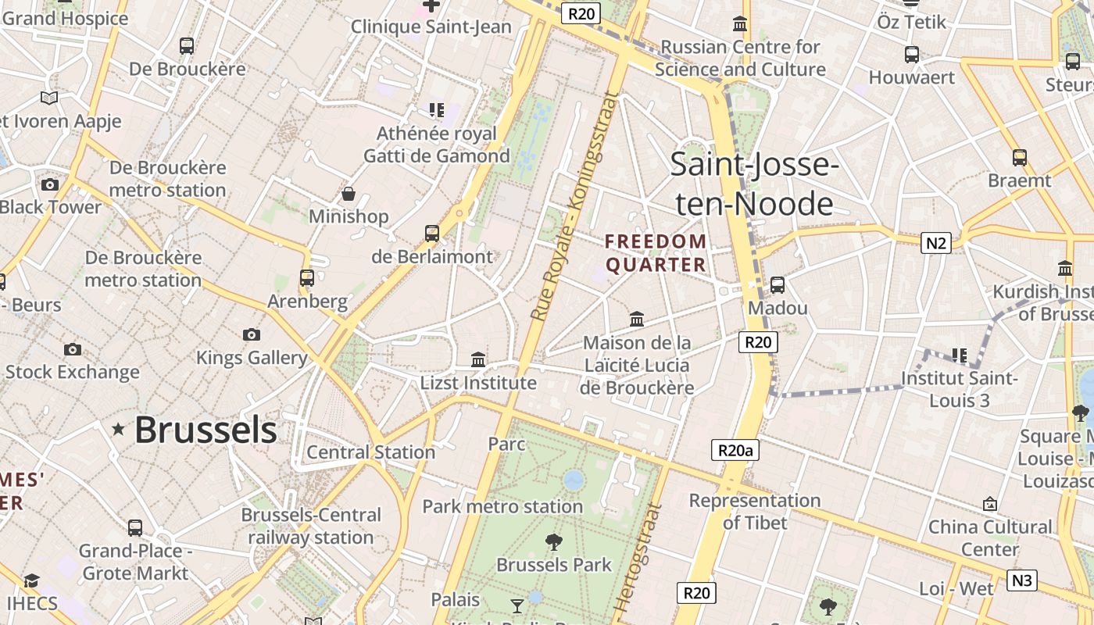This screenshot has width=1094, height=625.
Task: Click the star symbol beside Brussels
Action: [x=118, y=429]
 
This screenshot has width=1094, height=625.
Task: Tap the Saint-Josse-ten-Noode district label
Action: [x=754, y=184]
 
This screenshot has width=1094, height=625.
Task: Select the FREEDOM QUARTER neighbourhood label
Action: [x=656, y=253]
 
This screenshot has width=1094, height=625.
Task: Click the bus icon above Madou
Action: [x=777, y=285]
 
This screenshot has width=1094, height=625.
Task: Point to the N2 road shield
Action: [x=935, y=243]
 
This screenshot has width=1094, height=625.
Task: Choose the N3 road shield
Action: [x=1022, y=580]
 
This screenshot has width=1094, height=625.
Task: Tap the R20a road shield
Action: [x=735, y=450]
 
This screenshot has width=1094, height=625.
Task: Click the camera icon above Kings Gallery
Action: [x=251, y=334]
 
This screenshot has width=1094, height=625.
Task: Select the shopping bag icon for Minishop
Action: [x=349, y=193]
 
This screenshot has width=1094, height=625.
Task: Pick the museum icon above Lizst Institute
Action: [x=478, y=359]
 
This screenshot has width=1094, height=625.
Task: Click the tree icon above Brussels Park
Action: [x=554, y=541]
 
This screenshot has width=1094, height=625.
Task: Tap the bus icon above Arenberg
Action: [x=307, y=278]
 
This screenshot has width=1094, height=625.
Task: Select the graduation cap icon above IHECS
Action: [x=31, y=580]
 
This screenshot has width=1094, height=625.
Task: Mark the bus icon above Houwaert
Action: [x=911, y=55]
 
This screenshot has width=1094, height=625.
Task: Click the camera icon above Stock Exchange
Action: [x=73, y=349]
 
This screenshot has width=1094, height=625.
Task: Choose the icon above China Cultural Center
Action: [x=990, y=504]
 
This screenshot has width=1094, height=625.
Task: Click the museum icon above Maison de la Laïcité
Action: [x=637, y=320]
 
